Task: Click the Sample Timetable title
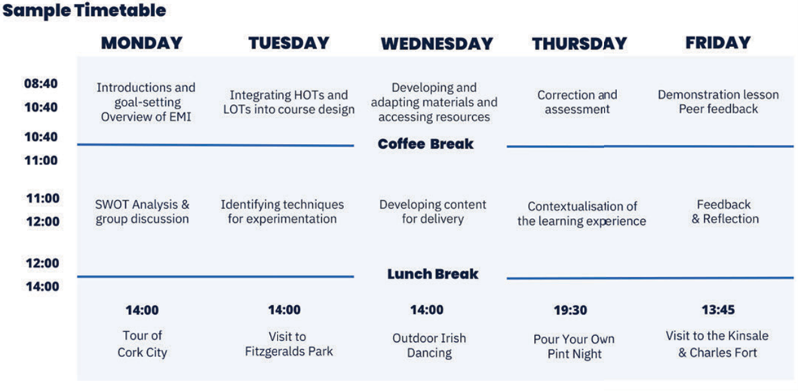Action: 84,11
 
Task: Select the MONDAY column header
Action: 142,43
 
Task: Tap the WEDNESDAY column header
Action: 437,43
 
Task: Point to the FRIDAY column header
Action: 718,43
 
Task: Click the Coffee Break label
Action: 425,144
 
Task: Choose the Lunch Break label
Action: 433,275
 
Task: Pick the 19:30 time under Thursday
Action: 570,310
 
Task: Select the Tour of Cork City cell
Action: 143,343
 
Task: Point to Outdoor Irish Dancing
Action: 429,346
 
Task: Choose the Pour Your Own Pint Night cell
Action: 574,346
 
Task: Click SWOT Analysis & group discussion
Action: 143,212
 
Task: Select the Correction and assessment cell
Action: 577,102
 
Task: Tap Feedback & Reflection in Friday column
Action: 724,212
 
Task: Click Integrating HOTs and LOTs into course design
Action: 289,103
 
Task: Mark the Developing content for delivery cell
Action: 433,212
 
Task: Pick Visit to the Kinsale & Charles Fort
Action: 717,344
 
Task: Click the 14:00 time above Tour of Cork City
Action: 142,310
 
